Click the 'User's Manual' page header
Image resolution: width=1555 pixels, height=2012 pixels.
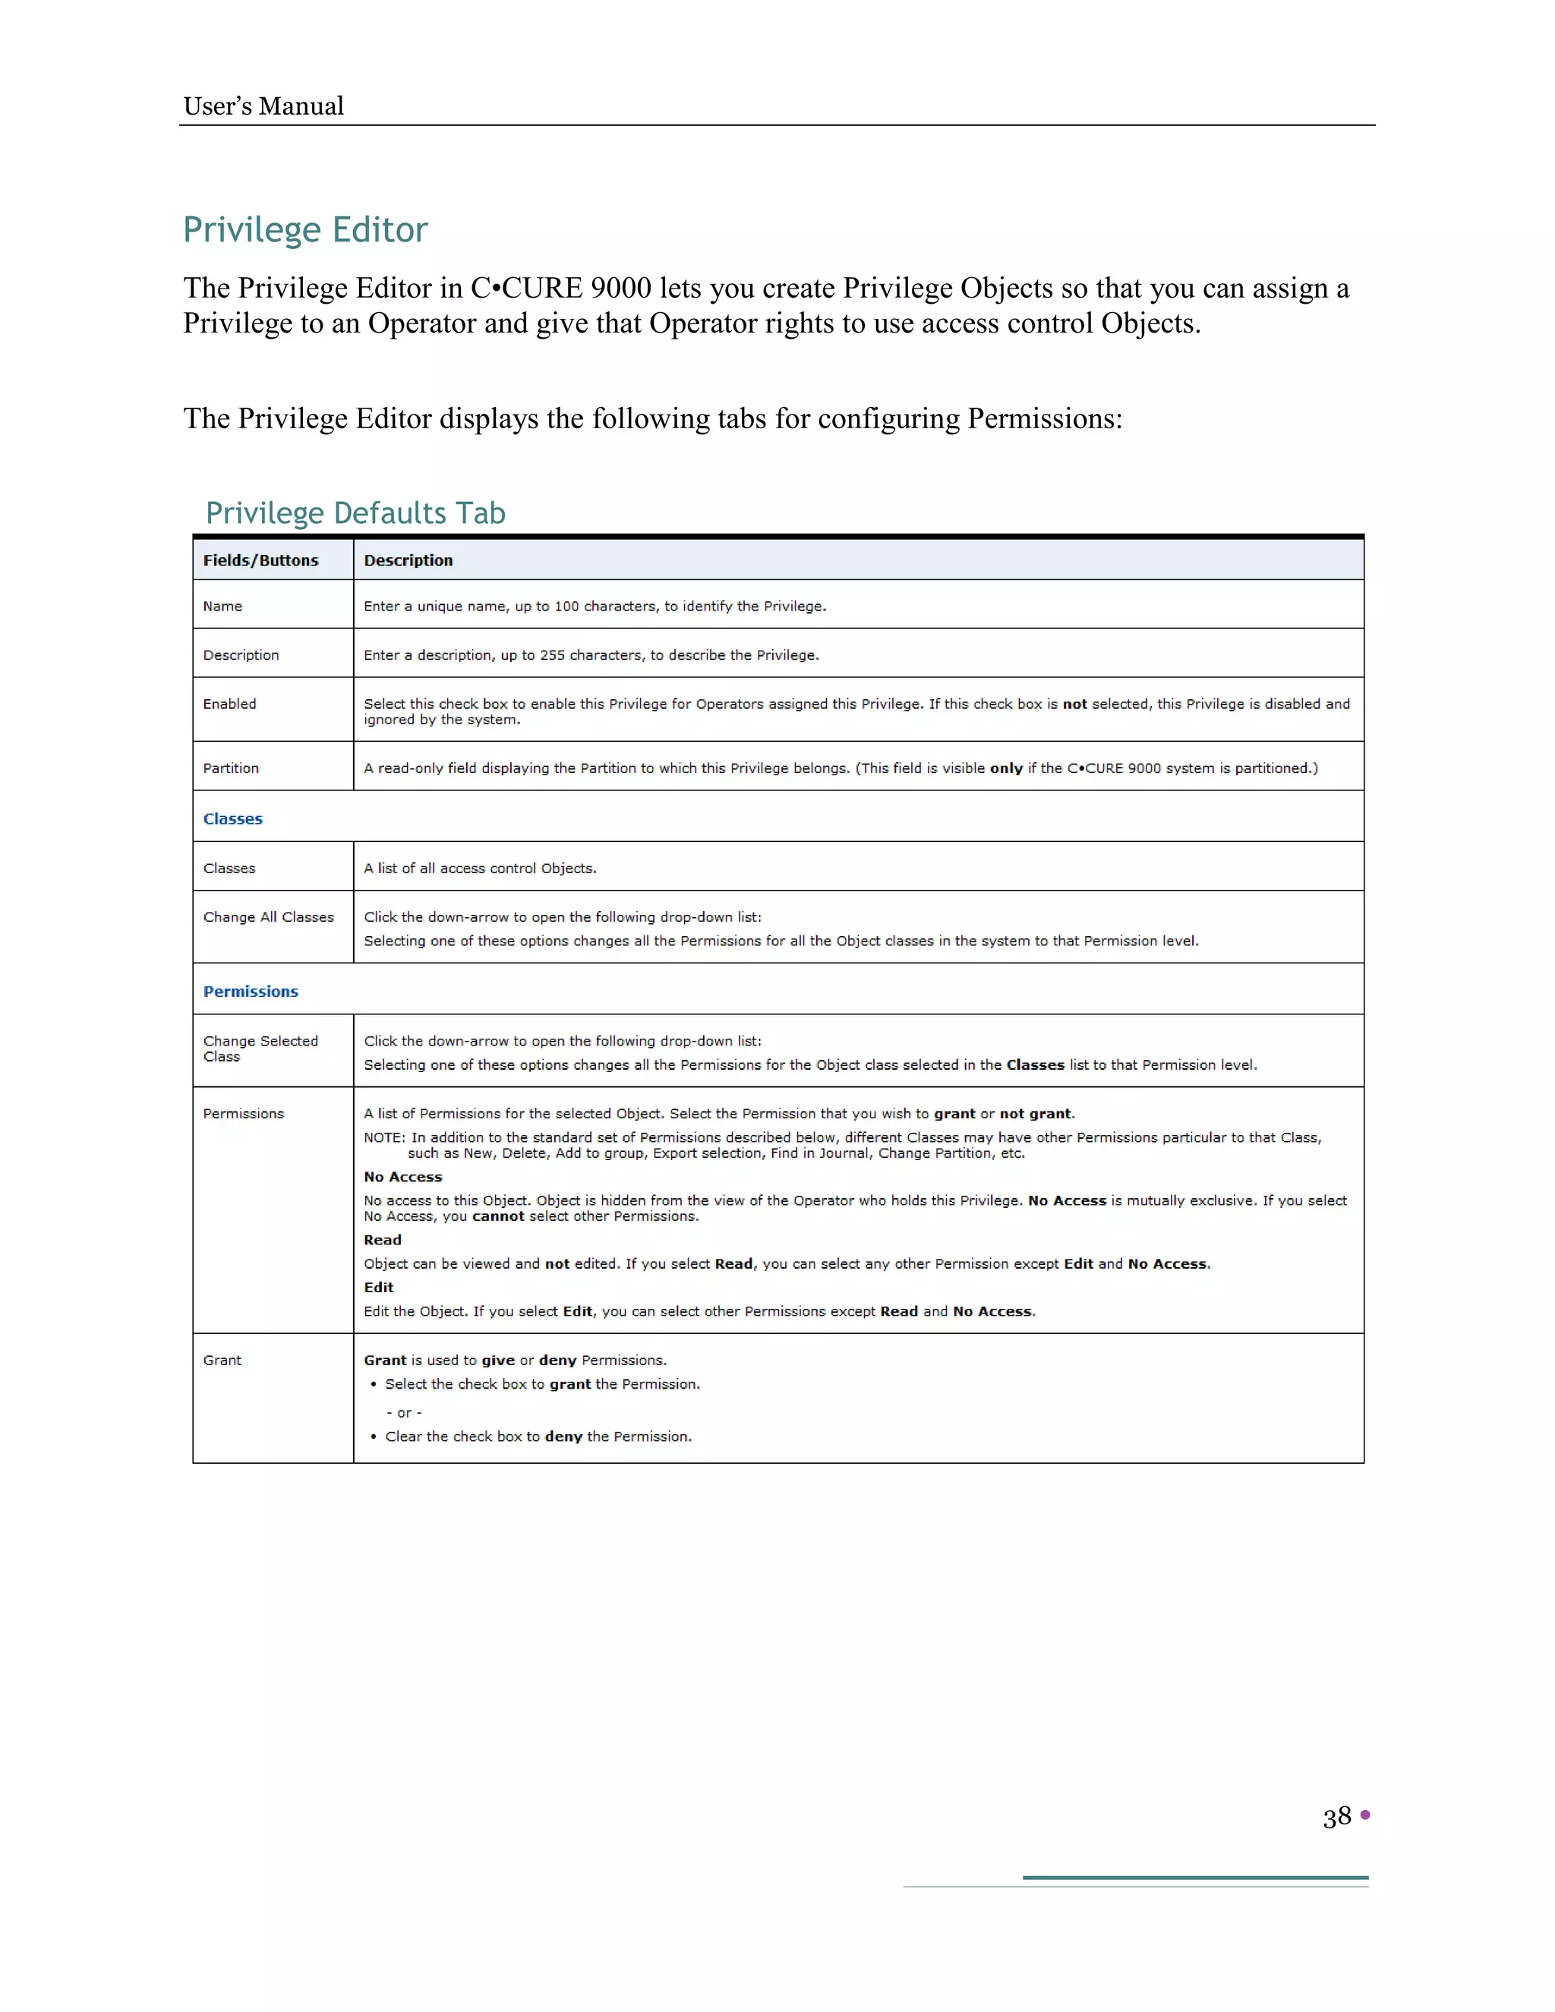263,106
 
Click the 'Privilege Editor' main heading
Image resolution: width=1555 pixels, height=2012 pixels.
305,229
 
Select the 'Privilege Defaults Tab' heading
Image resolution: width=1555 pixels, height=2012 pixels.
355,513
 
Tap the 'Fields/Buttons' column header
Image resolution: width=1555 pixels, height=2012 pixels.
260,560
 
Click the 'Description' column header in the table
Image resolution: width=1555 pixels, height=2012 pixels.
408,560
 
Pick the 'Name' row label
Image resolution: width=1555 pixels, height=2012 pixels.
223,606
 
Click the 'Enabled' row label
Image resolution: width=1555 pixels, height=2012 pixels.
229,704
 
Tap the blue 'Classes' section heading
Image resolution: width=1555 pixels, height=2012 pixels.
232,819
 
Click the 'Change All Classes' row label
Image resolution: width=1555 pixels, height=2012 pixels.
268,918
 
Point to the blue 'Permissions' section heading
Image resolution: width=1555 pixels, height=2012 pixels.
251,992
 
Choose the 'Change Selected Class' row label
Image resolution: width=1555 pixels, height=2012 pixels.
260,1049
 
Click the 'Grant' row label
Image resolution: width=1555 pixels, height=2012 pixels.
222,1361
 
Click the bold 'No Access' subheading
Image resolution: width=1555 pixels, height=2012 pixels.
402,1178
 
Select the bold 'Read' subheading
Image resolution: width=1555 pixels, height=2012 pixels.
383,1240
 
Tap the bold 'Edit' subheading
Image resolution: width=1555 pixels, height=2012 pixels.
379,1288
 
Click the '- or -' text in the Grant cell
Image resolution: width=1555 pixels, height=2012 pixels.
403,1412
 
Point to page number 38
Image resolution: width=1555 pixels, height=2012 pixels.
1336,1817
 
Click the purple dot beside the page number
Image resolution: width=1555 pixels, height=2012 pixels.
1365,1815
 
